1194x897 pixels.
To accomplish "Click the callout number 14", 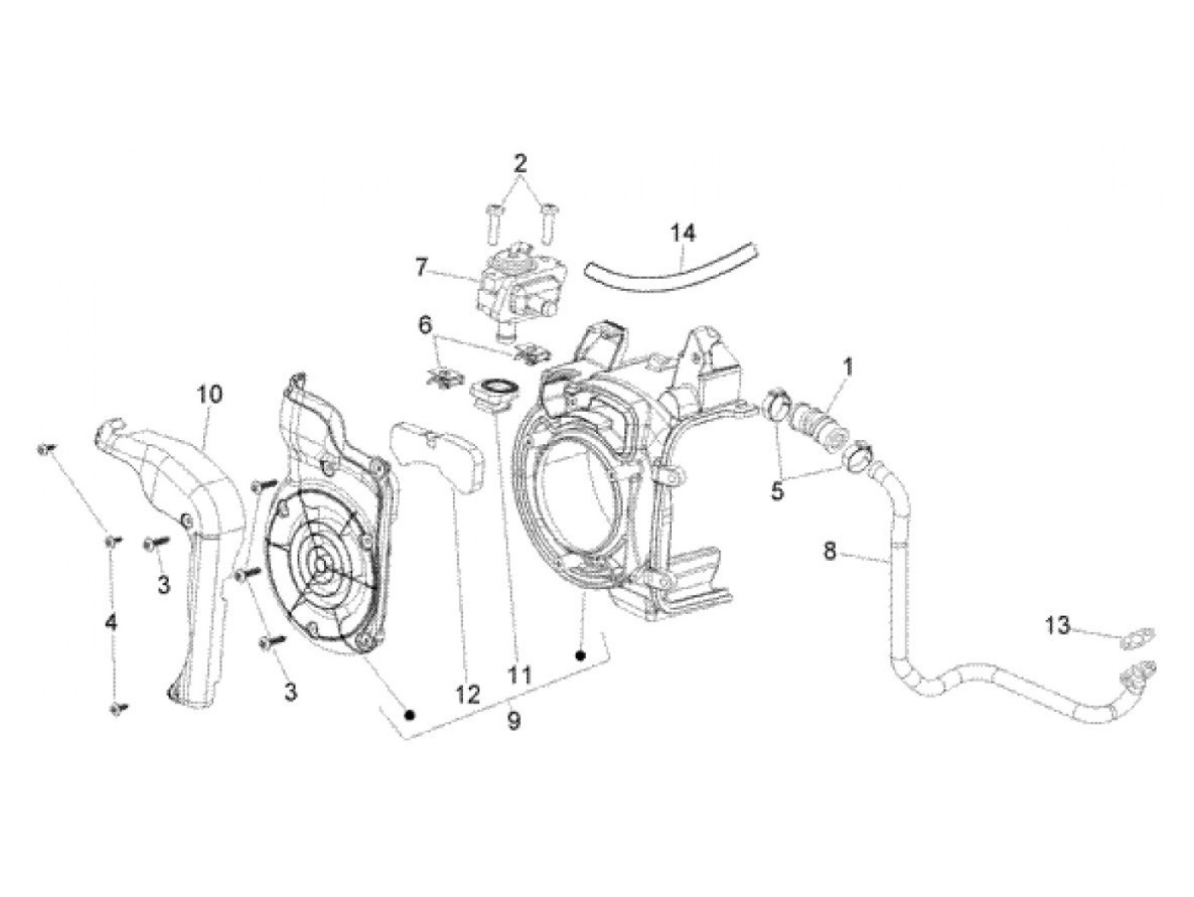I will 682,232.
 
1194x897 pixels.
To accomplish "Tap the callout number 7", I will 421,268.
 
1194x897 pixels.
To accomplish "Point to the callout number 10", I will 209,394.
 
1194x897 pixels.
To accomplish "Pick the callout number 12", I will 467,693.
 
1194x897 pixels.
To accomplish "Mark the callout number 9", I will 513,721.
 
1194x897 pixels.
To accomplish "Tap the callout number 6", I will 425,325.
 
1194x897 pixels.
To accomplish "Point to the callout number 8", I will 830,551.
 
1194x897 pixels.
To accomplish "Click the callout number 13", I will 1058,626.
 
